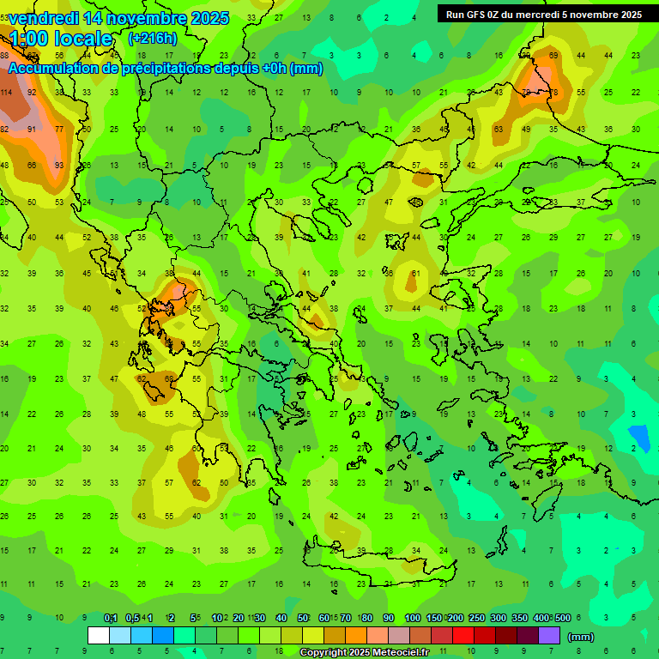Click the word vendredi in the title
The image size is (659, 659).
pyautogui.click(x=43, y=18)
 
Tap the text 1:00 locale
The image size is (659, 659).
pyautogui.click(x=61, y=39)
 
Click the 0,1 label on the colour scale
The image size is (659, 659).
pyautogui.click(x=111, y=619)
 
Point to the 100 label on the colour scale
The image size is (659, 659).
pyautogui.click(x=413, y=619)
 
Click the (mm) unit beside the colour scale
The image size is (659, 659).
pyautogui.click(x=581, y=637)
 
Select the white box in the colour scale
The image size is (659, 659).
pyautogui.click(x=99, y=635)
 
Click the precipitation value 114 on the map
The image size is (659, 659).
pyautogui.click(x=5, y=92)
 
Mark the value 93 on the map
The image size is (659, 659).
pyautogui.click(x=59, y=165)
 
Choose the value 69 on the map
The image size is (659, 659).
pyautogui.click(x=553, y=56)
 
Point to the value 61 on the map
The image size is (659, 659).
pyautogui.click(x=415, y=274)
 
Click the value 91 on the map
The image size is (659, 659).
pyautogui.click(x=32, y=129)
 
